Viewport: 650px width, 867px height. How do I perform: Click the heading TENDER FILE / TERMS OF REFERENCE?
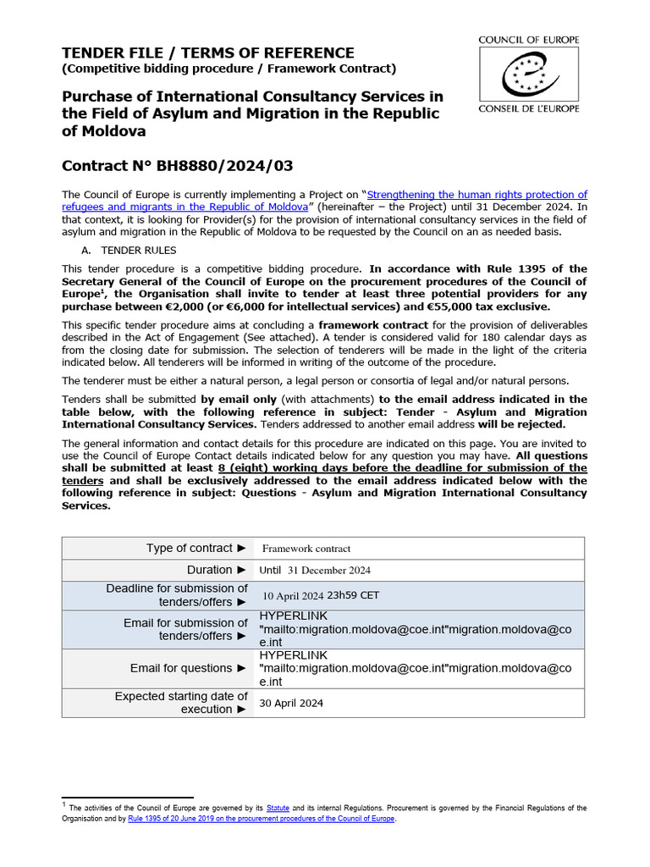(208, 52)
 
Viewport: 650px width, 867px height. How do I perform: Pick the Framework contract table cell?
(306, 549)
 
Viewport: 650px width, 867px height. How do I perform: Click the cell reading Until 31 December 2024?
(314, 571)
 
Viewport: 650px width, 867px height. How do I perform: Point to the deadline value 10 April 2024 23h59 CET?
(321, 595)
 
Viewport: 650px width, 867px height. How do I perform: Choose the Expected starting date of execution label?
(181, 703)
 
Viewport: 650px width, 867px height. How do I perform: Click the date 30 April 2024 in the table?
(290, 703)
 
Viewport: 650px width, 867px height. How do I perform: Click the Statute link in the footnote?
(278, 809)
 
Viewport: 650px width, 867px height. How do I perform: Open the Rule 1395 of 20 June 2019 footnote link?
(262, 820)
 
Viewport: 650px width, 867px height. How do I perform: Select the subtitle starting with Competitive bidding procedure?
(229, 69)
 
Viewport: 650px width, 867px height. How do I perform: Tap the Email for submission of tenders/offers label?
(185, 629)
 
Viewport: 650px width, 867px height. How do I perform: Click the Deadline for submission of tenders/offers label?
(177, 595)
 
